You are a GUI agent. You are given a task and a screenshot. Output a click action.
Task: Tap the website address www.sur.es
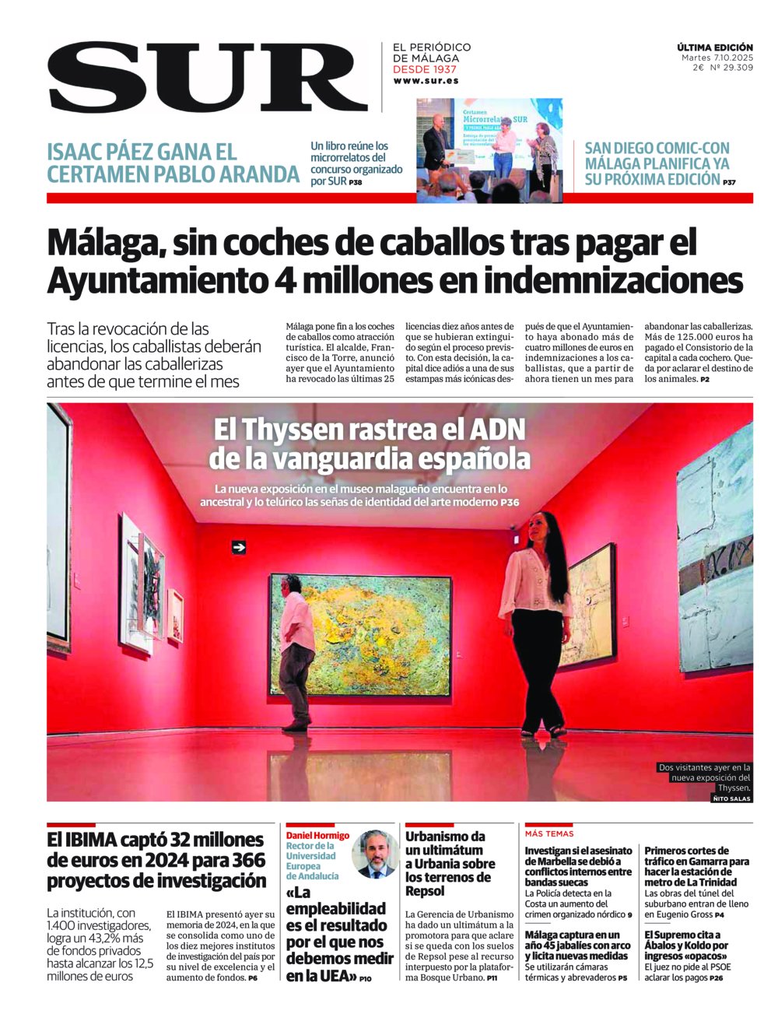click(x=426, y=81)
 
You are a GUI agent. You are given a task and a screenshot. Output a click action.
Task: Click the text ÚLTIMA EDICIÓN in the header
click(x=714, y=47)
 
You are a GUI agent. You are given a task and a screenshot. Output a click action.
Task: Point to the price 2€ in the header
click(x=699, y=68)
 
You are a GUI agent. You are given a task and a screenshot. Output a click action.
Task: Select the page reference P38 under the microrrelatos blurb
click(x=356, y=183)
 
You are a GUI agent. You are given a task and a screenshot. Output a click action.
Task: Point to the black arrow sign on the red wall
click(x=239, y=548)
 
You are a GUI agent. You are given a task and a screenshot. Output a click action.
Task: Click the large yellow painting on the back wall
click(x=360, y=635)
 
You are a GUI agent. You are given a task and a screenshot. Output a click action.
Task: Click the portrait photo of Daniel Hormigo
click(x=375, y=854)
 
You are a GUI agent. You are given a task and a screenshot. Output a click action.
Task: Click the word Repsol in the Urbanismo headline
click(x=426, y=891)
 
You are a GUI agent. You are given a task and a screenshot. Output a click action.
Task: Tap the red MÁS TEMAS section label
click(x=549, y=833)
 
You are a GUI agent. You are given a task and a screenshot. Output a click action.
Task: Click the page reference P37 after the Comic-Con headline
click(x=729, y=182)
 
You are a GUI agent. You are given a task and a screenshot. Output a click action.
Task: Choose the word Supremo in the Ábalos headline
click(x=682, y=935)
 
